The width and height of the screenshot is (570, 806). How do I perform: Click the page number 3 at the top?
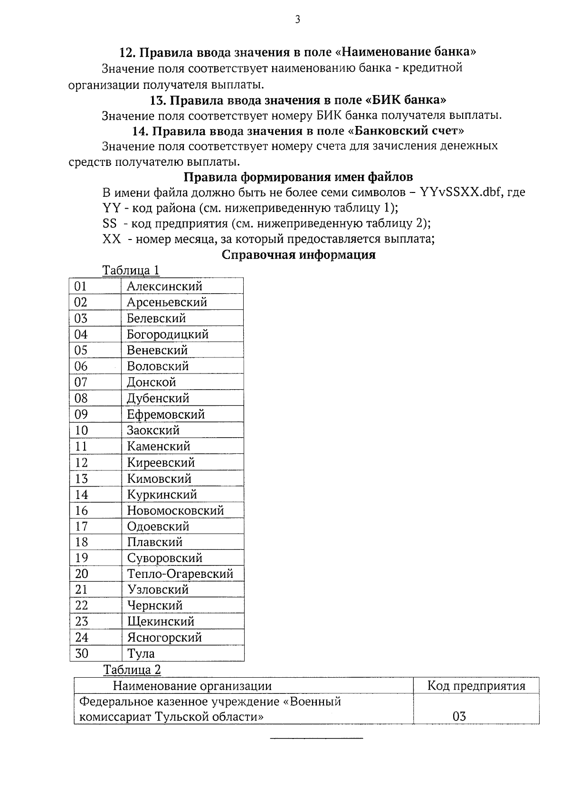tap(297, 19)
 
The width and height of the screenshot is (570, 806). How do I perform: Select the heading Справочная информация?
tap(299, 255)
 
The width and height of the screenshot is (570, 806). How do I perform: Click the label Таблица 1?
tap(131, 270)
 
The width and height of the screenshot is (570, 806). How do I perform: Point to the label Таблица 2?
tap(132, 670)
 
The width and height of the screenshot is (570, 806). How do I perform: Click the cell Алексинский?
tap(164, 286)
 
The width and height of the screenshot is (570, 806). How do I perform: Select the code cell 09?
tap(81, 414)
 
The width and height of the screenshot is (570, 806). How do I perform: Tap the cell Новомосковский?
tap(175, 510)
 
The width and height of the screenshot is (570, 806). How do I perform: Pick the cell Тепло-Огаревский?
tap(180, 574)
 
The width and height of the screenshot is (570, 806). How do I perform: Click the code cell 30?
tap(82, 653)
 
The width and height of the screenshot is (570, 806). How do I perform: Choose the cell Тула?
tap(141, 653)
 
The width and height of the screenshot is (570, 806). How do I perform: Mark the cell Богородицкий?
tap(168, 334)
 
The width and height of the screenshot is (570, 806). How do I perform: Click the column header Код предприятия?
tap(476, 686)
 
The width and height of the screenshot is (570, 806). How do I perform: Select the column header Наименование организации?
tap(192, 686)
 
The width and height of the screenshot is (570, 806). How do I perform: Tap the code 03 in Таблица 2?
tap(459, 716)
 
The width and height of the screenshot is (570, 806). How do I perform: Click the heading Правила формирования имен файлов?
tap(298, 177)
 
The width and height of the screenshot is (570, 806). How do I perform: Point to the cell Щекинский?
tap(161, 622)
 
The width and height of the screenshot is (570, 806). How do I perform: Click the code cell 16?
tap(81, 510)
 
